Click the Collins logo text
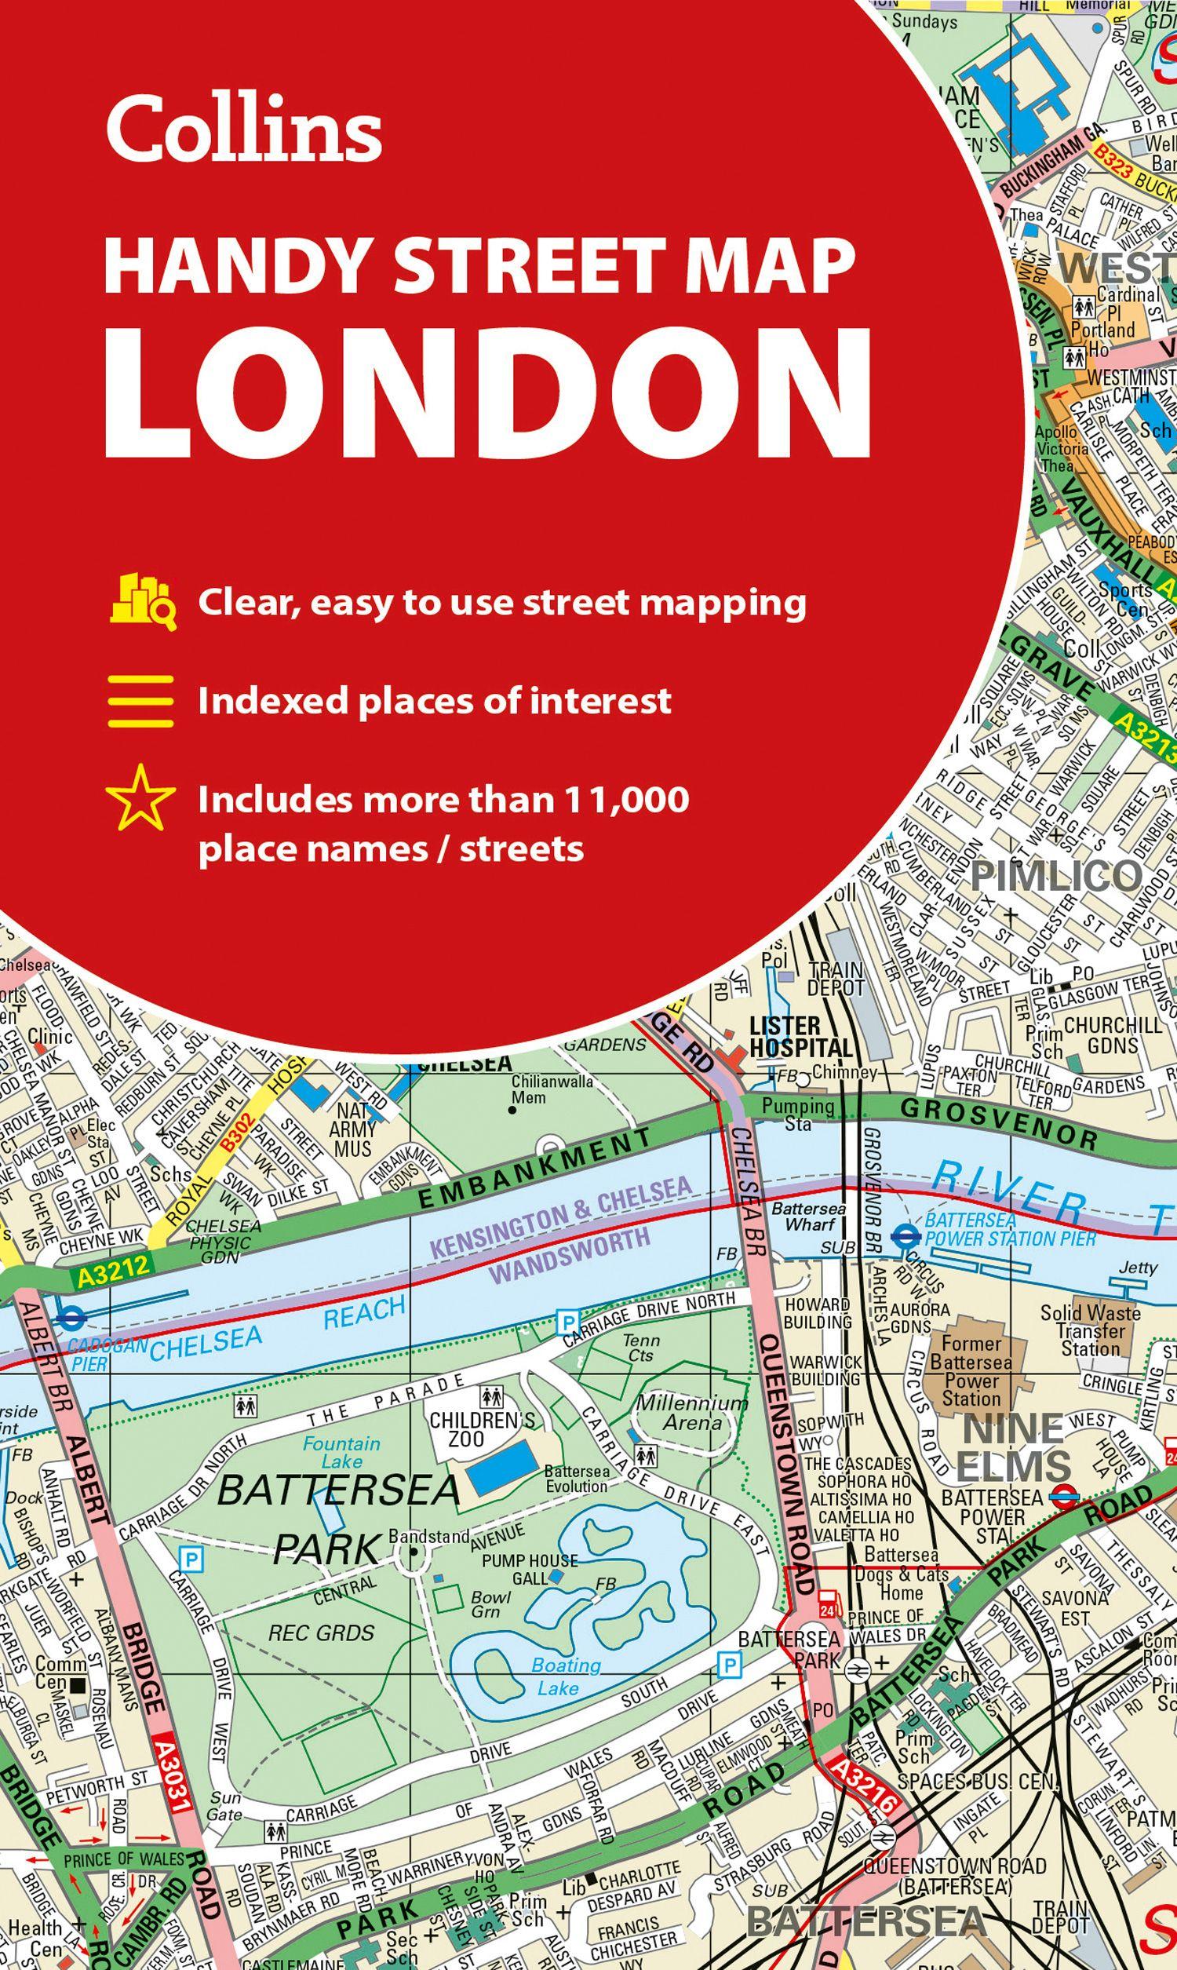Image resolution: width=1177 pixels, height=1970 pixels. coord(244,128)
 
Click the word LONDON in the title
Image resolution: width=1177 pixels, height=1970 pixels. coord(487,386)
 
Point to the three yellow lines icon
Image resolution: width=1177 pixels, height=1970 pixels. coord(141,701)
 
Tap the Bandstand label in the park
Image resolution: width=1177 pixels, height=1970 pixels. coord(429,1536)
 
